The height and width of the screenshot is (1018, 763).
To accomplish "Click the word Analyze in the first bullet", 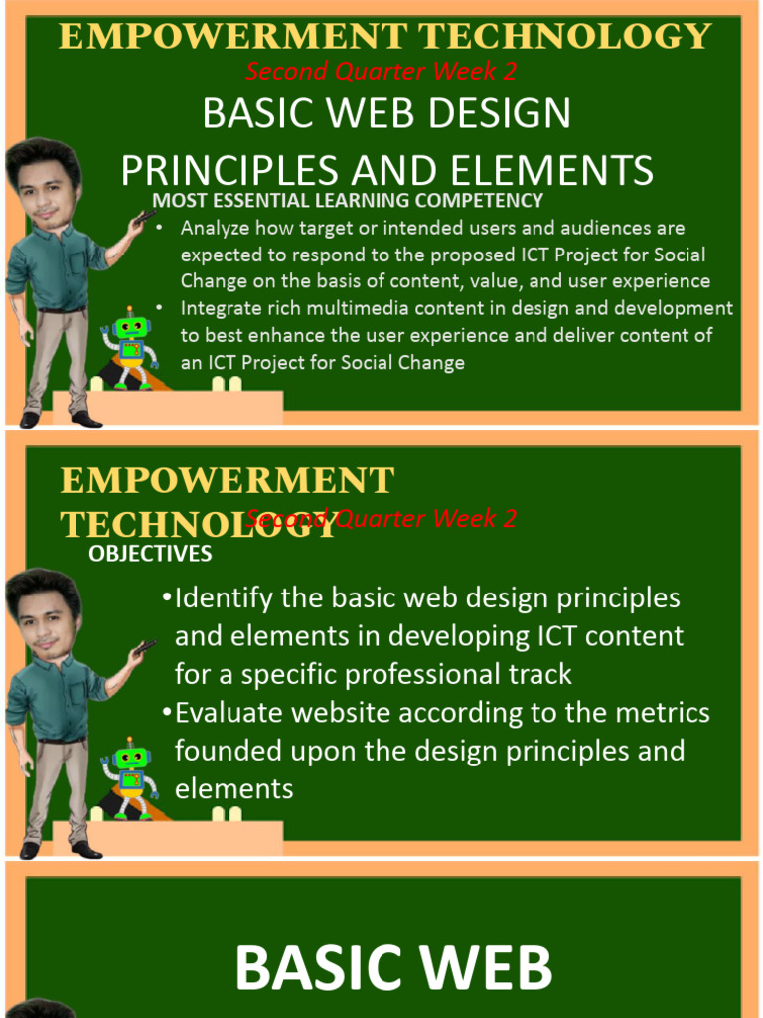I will point(214,228).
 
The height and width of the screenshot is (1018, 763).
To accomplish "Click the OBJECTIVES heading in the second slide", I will point(150,554).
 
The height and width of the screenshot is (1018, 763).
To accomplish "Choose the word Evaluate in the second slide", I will point(230,713).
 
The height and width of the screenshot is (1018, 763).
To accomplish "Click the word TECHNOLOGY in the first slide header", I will point(564,37).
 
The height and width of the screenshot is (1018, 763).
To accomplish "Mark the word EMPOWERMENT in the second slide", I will point(228,481).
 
